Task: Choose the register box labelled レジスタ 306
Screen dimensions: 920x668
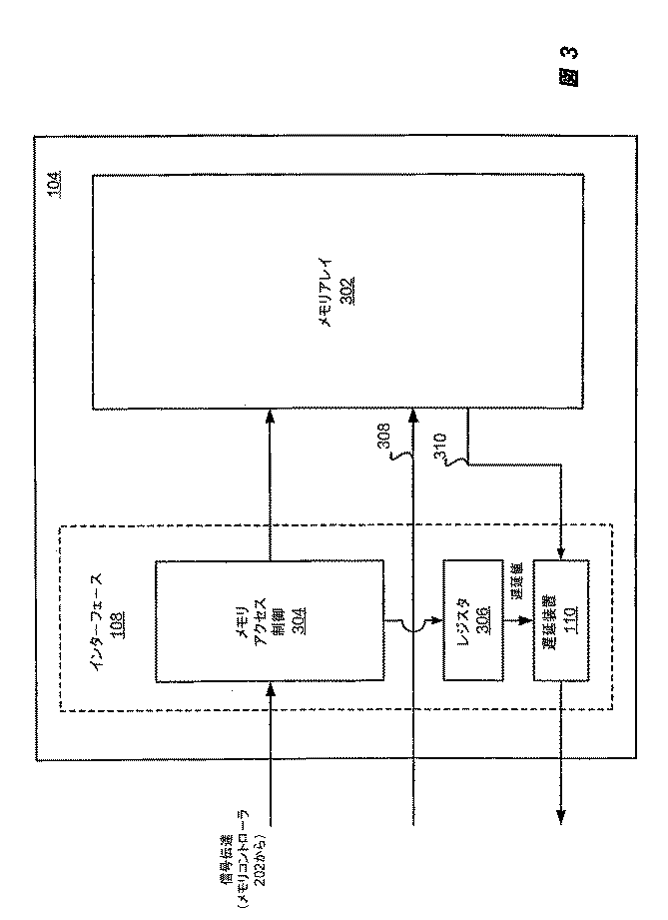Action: click(466, 621)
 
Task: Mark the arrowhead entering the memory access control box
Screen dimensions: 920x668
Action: click(270, 688)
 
